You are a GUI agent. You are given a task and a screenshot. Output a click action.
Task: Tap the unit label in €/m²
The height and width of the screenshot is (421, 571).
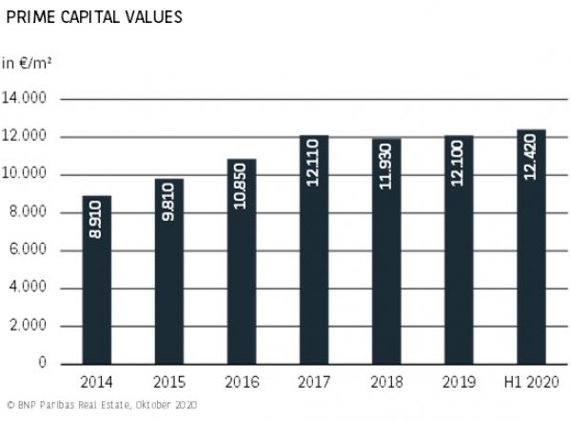point(26,64)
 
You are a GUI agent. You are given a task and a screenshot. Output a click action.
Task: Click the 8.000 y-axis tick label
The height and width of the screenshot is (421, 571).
point(30,212)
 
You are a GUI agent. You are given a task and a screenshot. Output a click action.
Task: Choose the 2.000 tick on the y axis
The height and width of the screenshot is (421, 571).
point(30,326)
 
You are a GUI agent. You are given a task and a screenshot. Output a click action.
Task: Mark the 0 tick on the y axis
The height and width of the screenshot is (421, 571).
point(43,364)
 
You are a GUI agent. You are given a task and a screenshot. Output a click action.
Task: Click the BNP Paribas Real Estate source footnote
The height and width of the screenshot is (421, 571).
point(100,406)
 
